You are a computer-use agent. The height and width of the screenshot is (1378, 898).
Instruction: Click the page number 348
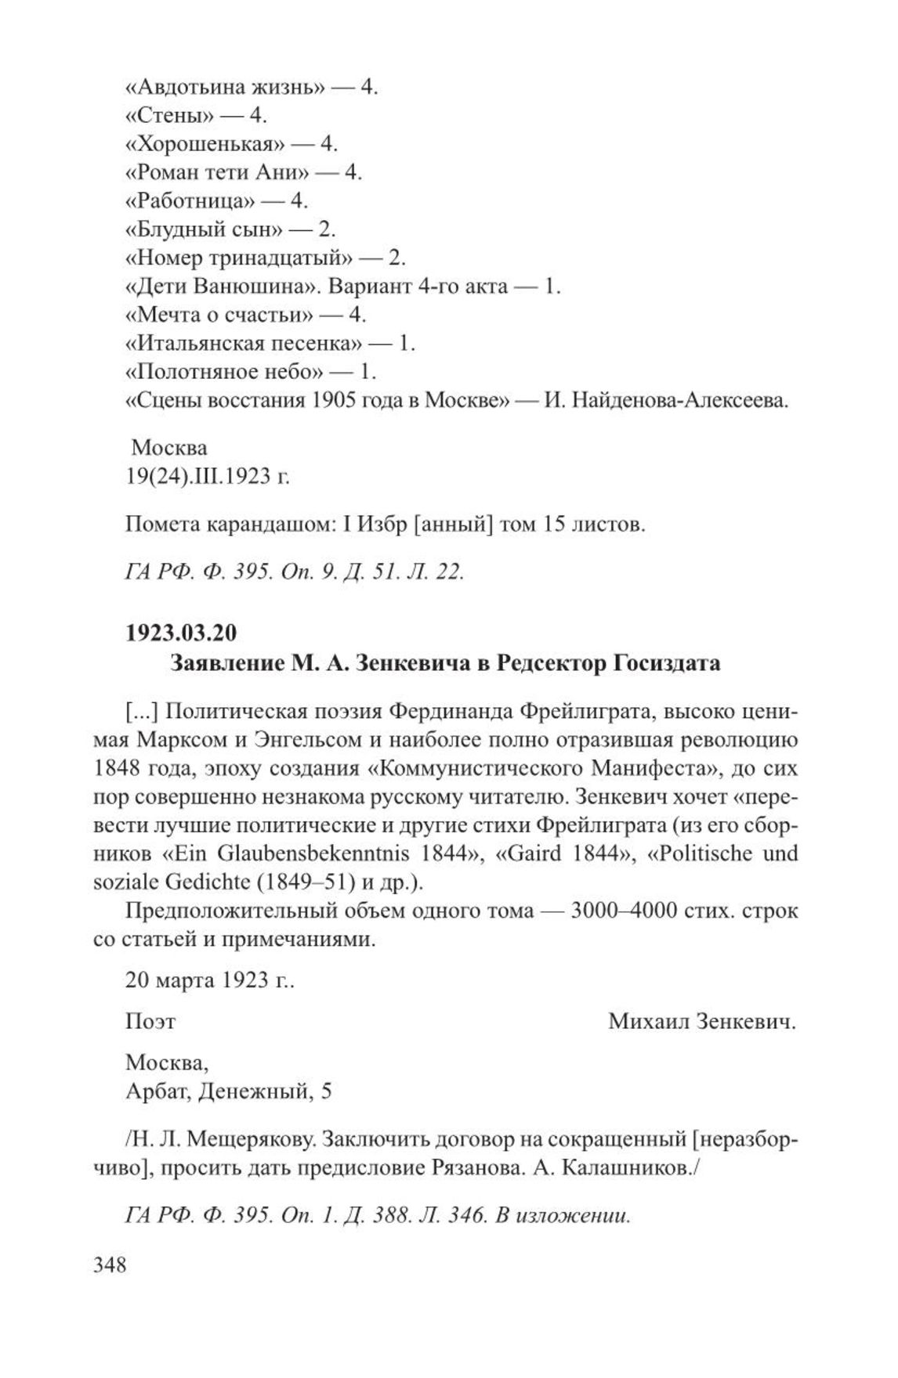click(x=110, y=1265)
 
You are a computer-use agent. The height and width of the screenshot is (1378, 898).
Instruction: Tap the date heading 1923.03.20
click(x=181, y=631)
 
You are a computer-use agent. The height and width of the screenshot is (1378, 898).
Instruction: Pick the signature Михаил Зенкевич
click(x=701, y=1022)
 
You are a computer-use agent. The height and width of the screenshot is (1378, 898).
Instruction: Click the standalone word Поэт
click(x=150, y=1022)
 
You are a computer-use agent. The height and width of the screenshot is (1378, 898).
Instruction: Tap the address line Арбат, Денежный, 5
click(x=228, y=1091)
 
